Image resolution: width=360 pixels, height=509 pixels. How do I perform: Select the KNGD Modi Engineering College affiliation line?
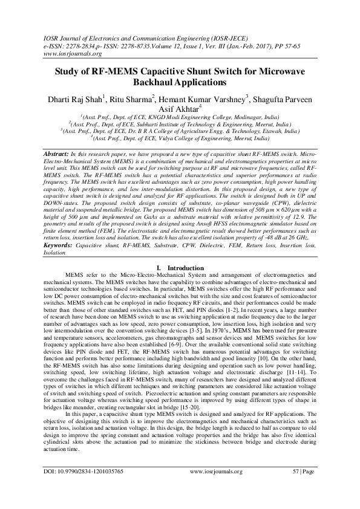(179, 119)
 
